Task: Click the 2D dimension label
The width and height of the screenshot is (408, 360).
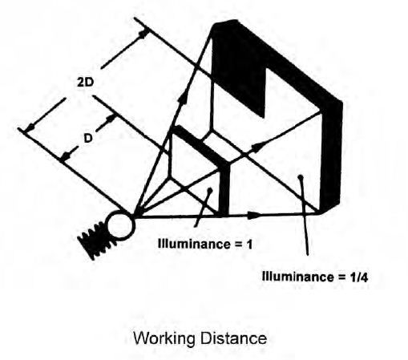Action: (x=86, y=82)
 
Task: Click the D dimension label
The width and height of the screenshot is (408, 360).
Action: (x=88, y=139)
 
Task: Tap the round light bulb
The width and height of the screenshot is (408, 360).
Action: (x=120, y=225)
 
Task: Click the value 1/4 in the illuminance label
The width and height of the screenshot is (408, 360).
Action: (x=358, y=277)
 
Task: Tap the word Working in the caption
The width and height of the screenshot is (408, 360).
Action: (x=164, y=339)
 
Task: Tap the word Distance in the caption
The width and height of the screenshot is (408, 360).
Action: (x=233, y=338)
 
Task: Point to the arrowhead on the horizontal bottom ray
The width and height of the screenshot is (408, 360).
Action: (x=254, y=215)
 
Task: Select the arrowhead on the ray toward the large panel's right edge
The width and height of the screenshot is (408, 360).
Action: (x=257, y=147)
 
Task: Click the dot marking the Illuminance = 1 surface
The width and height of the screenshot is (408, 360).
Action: (x=210, y=190)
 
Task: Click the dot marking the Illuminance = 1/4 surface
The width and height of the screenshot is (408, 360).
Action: (x=301, y=176)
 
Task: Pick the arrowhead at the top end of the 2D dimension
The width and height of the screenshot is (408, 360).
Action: (x=143, y=34)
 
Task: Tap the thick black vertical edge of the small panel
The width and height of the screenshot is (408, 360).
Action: (x=224, y=188)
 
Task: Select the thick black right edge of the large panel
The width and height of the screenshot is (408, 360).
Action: (x=331, y=155)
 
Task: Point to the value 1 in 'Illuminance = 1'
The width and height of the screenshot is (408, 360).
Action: (x=249, y=245)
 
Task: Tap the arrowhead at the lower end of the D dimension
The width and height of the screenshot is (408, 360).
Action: (x=66, y=156)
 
